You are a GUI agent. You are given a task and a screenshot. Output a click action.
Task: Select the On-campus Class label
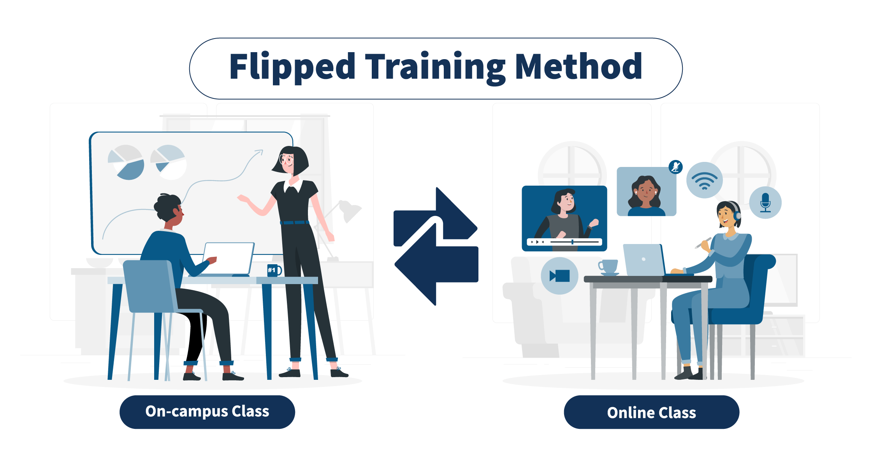tap(207, 412)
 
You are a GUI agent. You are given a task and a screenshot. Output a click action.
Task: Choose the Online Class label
tap(651, 413)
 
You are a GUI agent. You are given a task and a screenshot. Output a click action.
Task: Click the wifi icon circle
tap(705, 180)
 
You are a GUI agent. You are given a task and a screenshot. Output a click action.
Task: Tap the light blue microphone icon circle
tap(765, 202)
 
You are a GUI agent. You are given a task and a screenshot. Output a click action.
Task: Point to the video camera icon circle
tap(559, 276)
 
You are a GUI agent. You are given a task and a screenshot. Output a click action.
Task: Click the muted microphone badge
tap(675, 167)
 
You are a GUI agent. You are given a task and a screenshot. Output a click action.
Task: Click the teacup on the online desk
tap(608, 267)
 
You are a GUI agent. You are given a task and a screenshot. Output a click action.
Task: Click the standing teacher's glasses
tap(286, 160)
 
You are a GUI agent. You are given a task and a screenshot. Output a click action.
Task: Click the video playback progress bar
tap(575, 242)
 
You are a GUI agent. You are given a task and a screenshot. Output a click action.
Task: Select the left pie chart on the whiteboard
tap(126, 162)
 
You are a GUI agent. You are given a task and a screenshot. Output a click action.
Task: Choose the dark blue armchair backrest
tap(757, 288)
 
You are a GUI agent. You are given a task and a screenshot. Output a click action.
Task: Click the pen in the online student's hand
tap(703, 243)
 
